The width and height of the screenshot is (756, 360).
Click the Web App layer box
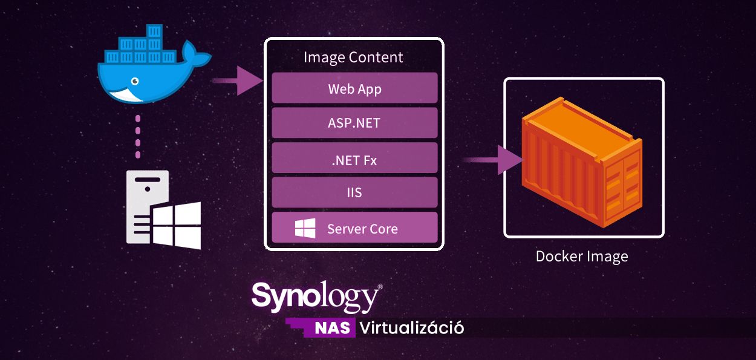click(354, 88)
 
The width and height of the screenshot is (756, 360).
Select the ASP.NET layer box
click(354, 123)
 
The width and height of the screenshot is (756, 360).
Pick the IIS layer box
click(354, 192)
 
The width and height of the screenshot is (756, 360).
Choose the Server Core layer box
click(354, 227)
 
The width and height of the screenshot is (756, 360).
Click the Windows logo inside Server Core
click(305, 228)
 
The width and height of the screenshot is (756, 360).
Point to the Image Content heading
click(353, 57)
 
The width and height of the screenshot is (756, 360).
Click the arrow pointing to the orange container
click(493, 160)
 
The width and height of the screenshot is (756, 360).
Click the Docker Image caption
click(582, 256)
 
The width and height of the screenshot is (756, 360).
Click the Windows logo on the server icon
click(176, 226)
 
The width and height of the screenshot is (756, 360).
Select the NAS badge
click(332, 329)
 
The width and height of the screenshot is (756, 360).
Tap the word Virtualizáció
click(412, 328)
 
